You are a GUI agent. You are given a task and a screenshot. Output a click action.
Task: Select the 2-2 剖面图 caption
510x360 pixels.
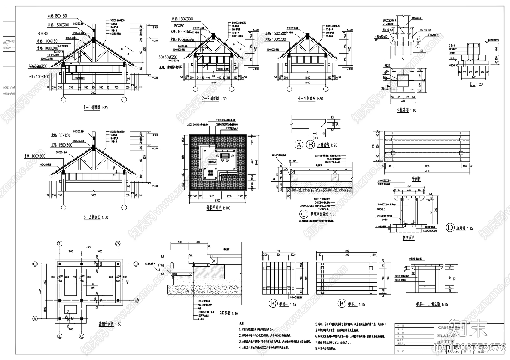pos(210,99)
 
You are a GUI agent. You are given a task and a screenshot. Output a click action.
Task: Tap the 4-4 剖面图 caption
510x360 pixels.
pos(306,99)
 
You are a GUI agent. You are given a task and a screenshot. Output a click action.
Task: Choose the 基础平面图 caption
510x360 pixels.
pos(106,324)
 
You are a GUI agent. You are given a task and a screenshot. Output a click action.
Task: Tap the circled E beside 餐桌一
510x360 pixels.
pos(273,304)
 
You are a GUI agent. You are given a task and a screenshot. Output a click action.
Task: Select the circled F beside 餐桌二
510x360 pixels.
pos(341,304)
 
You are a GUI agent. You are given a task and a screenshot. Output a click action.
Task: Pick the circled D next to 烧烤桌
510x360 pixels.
pos(450,228)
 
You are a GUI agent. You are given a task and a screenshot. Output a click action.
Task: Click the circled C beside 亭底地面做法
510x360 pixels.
pos(304,214)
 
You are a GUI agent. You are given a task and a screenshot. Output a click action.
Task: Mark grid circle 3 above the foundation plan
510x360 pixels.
pos(118,244)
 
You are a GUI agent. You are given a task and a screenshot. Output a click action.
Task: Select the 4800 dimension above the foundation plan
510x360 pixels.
pos(89,247)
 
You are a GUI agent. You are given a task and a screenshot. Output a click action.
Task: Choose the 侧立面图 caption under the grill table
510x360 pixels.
pos(408,238)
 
